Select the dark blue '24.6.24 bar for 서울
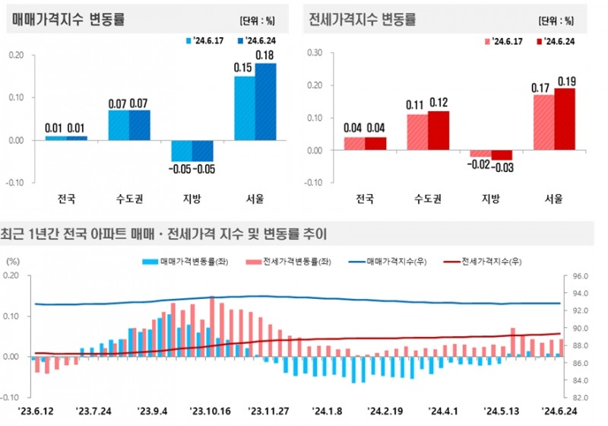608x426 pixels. [x=265, y=101]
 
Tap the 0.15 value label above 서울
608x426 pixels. [x=243, y=68]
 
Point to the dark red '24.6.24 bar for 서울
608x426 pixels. [x=565, y=119]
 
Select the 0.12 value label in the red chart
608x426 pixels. [x=439, y=102]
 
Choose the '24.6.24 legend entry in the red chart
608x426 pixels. [x=560, y=41]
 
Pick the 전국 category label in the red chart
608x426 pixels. [x=366, y=199]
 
